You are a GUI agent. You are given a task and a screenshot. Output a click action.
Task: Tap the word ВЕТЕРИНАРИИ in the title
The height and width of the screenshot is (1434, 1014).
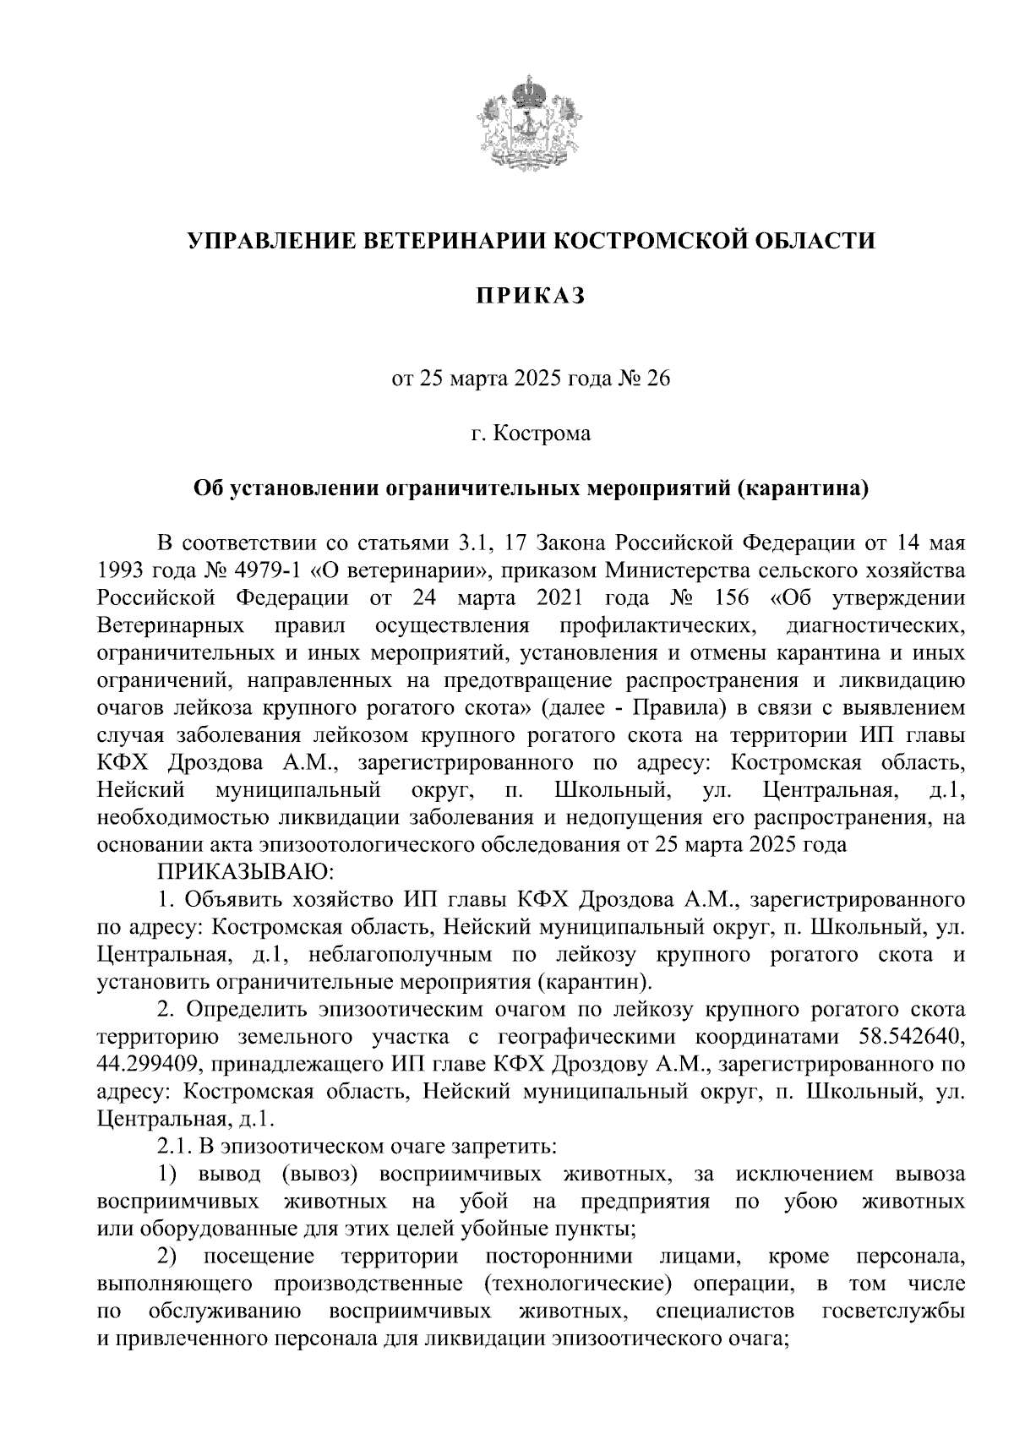click(455, 241)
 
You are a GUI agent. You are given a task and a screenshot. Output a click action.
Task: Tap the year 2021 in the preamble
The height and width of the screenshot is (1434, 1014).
click(559, 597)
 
